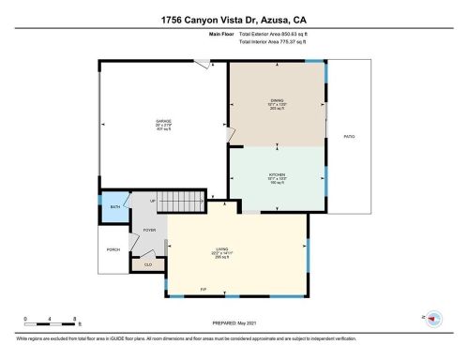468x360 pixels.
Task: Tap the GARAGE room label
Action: tap(163, 123)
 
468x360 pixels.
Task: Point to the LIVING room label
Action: tap(221, 250)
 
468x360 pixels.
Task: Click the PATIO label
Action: tap(348, 136)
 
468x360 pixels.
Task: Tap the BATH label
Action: tap(114, 207)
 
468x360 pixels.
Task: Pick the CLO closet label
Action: tap(148, 264)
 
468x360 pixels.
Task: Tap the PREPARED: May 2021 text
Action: tap(234, 325)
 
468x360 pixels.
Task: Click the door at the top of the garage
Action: tap(202, 65)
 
